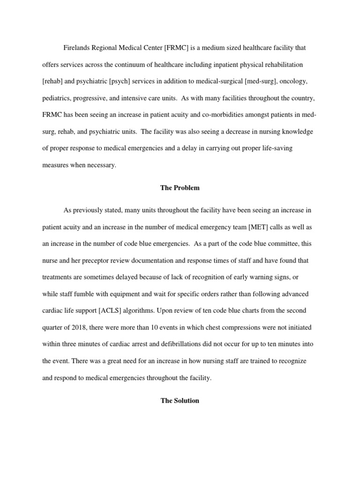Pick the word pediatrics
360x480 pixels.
(57, 98)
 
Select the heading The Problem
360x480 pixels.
(180, 187)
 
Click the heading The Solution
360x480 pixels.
(180, 401)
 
